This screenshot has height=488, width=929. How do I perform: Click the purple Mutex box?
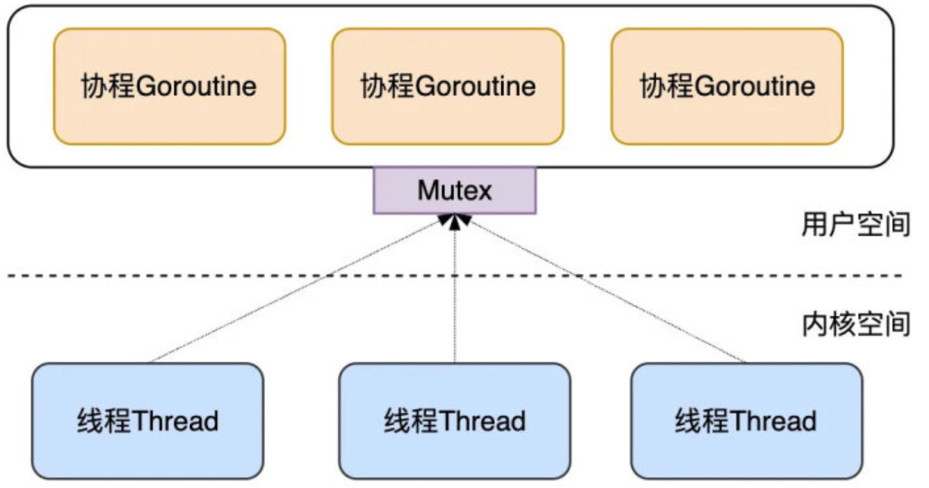[x=455, y=190]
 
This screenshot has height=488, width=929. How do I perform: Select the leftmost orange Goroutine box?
[x=169, y=86]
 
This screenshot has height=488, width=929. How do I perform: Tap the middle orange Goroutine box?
[x=447, y=86]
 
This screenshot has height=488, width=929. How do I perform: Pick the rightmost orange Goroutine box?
[x=727, y=86]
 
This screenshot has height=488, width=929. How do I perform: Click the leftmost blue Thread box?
[x=147, y=421]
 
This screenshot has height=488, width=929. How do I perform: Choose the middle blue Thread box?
[x=455, y=421]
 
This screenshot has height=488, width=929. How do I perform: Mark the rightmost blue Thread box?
[x=746, y=421]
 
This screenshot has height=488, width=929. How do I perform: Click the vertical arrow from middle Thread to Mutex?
[x=455, y=292]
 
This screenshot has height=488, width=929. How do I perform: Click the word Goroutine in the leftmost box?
[x=197, y=87]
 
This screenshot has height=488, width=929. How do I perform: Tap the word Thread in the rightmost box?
[x=773, y=421]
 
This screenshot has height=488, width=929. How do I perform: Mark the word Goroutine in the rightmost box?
[x=754, y=87]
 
